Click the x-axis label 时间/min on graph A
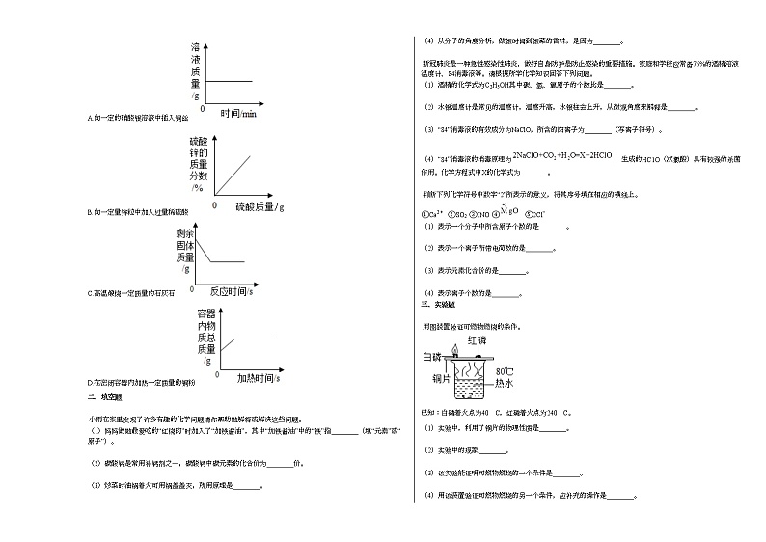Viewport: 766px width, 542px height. pos(238,114)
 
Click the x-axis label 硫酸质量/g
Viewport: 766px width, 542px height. pos(260,206)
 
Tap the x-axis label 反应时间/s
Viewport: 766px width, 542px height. pos(231,290)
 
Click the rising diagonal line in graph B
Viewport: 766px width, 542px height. pos(235,173)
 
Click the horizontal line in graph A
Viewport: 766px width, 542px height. pos(230,82)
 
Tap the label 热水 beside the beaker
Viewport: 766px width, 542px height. pos(505,383)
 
